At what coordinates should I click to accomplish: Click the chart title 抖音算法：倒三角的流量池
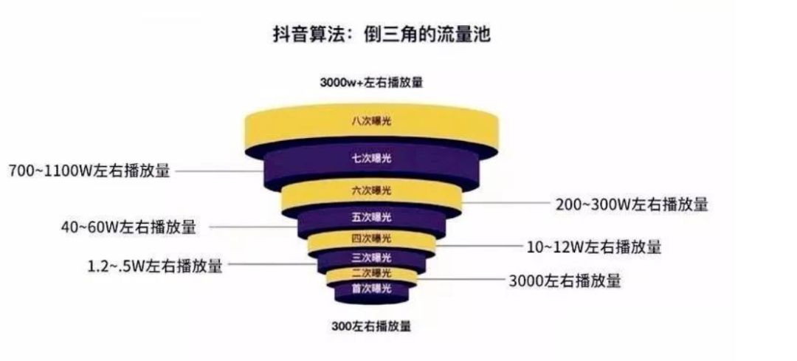pos(382,35)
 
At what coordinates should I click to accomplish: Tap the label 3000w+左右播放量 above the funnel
pos(371,83)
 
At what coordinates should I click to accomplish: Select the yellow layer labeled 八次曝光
pos(371,122)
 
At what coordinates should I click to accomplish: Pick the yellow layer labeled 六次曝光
pos(371,192)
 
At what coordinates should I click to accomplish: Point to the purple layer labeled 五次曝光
pos(371,218)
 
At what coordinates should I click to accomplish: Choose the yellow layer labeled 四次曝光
pos(371,238)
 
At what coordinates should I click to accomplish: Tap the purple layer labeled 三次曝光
pos(371,257)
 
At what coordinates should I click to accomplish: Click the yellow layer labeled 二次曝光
pos(371,274)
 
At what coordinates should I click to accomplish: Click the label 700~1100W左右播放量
pos(89,171)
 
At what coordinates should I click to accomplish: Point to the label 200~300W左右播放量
pos(631,204)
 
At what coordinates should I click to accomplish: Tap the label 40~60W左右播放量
pos(128,227)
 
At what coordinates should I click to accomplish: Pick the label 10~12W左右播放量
pos(593,247)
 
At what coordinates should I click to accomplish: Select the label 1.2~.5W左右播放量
pos(155,266)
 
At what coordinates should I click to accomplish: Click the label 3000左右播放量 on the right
pos(565,280)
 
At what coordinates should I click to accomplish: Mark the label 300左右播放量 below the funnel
pos(371,326)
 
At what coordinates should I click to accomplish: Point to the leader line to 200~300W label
pos(506,203)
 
